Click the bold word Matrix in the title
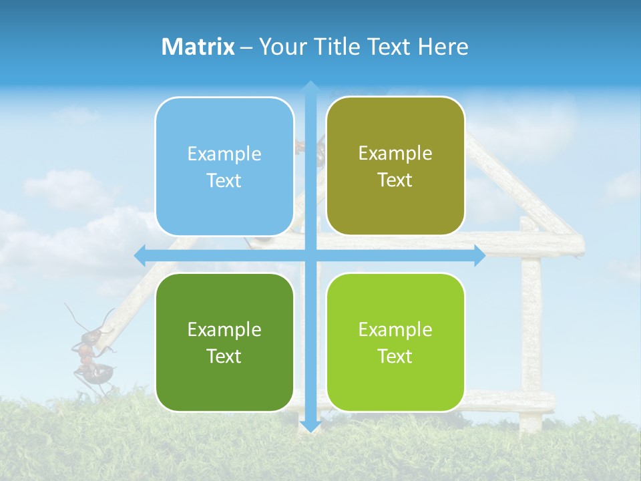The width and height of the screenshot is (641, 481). pyautogui.click(x=198, y=47)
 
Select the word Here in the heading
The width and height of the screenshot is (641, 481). pyautogui.click(x=443, y=47)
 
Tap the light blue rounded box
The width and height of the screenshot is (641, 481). pyautogui.click(x=224, y=166)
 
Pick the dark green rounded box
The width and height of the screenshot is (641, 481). pyautogui.click(x=224, y=342)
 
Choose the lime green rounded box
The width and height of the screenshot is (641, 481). pyautogui.click(x=395, y=342)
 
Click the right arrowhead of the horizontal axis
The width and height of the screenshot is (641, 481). pyautogui.click(x=479, y=256)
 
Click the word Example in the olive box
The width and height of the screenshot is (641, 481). pyautogui.click(x=395, y=153)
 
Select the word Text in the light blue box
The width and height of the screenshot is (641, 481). pyautogui.click(x=224, y=180)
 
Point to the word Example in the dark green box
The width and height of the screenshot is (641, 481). pyautogui.click(x=224, y=329)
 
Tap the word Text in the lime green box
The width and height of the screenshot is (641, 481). pyautogui.click(x=395, y=356)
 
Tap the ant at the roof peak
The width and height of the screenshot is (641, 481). pyautogui.click(x=314, y=150)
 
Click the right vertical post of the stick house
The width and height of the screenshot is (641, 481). pyautogui.click(x=531, y=334)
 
